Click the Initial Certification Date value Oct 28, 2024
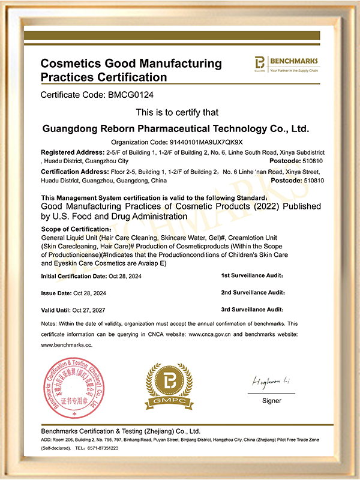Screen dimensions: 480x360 point(131,276)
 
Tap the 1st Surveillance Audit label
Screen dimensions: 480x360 point(253,276)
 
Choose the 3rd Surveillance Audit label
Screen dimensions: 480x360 point(253,310)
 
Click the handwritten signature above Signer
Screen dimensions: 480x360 point(271,382)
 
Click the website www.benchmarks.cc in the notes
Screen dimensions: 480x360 point(66,345)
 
